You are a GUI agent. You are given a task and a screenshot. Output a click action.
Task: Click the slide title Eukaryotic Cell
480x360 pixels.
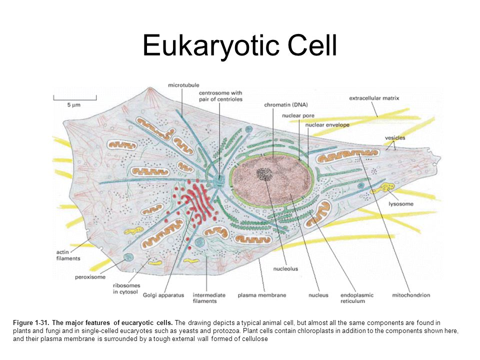tap(239, 45)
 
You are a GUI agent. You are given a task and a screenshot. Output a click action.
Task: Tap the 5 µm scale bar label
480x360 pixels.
tap(74, 105)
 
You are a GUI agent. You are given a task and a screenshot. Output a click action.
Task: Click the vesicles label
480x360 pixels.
tap(395, 137)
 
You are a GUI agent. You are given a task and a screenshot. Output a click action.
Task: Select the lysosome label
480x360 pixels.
tap(401, 204)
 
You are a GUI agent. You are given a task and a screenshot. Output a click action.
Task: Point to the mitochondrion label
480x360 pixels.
tap(411, 295)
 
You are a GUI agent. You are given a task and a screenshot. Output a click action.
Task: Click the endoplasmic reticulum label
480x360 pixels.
tap(357, 298)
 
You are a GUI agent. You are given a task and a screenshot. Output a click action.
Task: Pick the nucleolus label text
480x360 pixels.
tap(285, 268)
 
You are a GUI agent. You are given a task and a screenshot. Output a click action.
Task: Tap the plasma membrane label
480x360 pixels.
tap(262, 295)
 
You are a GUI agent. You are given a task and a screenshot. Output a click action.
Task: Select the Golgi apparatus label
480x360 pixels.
tap(163, 295)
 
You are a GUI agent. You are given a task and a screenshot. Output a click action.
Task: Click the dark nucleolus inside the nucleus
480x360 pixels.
tap(263, 173)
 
